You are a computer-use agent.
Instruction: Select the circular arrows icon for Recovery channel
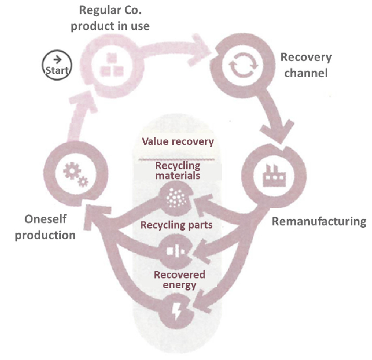pyautogui.click(x=240, y=68)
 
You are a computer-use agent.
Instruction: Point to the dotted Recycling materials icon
pyautogui.click(x=177, y=199)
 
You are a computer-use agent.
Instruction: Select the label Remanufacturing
pyautogui.click(x=319, y=222)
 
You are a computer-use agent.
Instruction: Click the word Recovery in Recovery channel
pyautogui.click(x=306, y=58)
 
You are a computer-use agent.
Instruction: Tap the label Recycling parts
pyautogui.click(x=177, y=225)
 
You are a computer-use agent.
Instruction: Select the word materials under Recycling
pyautogui.click(x=178, y=176)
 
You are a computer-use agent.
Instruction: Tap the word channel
pyautogui.click(x=306, y=74)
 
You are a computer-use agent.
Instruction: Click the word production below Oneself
pyautogui.click(x=45, y=235)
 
